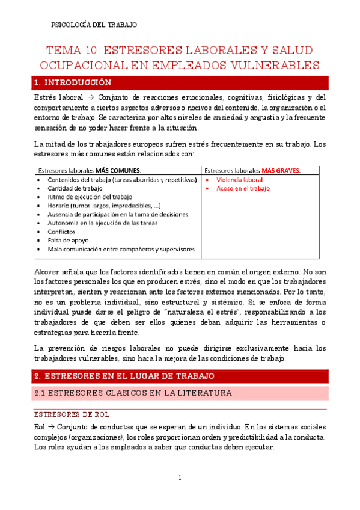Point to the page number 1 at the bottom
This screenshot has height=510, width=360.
click(x=180, y=478)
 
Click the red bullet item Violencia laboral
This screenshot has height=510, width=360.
click(x=240, y=180)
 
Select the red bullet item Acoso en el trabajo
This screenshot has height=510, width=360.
click(x=243, y=188)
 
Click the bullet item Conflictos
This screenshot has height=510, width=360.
click(x=61, y=231)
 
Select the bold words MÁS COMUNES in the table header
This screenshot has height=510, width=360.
click(x=118, y=170)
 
